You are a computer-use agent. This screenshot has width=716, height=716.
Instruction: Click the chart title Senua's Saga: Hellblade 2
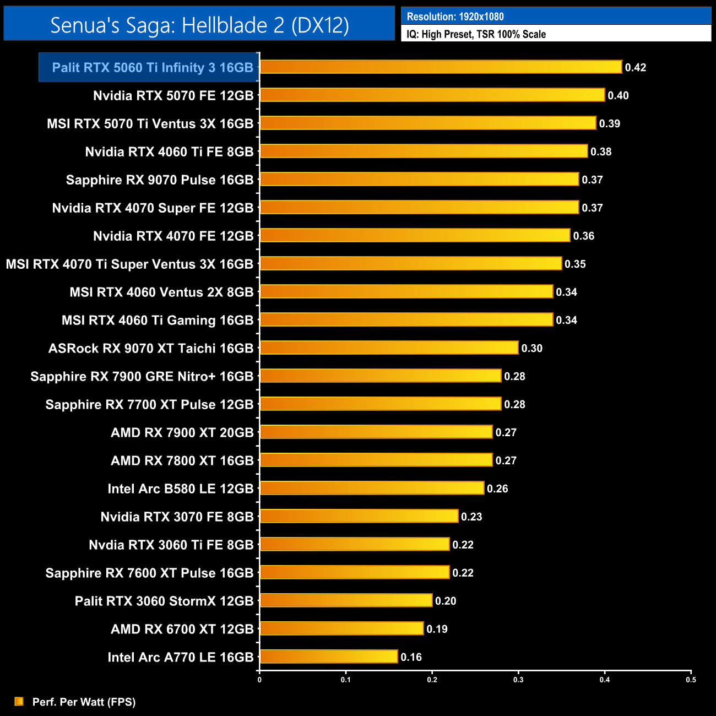199,25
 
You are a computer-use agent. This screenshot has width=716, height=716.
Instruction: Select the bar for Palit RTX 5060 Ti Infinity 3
441,67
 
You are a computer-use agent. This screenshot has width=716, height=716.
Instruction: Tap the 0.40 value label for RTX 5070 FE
618,95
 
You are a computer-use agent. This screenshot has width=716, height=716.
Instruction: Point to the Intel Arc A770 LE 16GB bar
329,657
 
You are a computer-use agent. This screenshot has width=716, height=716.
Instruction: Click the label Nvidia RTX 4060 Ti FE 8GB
169,151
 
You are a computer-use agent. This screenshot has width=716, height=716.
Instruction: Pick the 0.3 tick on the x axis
518,680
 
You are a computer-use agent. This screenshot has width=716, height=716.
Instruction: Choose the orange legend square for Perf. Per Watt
19,701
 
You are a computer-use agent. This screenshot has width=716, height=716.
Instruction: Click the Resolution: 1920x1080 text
455,17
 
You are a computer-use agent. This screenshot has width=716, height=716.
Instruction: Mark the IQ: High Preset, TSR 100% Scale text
476,34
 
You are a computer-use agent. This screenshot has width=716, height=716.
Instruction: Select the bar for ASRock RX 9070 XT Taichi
389,348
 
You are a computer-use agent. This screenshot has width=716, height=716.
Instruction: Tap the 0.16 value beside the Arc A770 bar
411,657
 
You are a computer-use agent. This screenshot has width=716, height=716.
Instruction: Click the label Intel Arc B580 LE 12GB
180,489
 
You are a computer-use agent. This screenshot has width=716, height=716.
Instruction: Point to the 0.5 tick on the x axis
691,680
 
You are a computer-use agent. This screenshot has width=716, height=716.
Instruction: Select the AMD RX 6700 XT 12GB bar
341,628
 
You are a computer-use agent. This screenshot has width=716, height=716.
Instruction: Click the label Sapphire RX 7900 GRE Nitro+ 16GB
142,376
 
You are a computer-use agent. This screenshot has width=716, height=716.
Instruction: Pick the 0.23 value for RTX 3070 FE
471,517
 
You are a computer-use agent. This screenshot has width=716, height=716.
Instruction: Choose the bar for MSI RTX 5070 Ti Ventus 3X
428,123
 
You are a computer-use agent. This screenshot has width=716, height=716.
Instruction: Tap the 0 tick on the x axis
259,680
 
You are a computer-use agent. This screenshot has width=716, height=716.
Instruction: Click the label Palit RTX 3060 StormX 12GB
164,601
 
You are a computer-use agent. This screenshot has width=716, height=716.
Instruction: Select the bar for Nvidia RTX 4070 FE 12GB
415,235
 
